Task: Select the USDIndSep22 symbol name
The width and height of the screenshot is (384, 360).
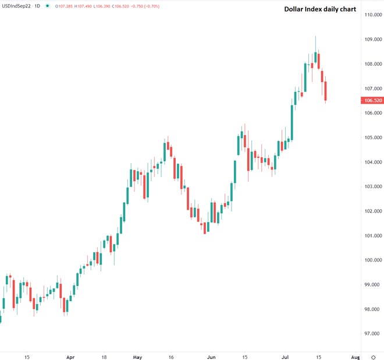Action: (x=16, y=6)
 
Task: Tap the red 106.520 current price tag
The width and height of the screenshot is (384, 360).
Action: (x=372, y=100)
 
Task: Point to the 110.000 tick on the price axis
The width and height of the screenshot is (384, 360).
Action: (x=372, y=15)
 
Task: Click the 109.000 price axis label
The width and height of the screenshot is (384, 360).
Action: (x=372, y=39)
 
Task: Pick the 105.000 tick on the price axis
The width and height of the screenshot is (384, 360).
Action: (x=372, y=137)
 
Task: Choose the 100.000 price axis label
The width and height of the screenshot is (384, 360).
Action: (x=372, y=260)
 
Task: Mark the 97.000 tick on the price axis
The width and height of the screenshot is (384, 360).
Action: (x=372, y=334)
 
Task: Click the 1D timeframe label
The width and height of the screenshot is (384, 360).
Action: (x=38, y=6)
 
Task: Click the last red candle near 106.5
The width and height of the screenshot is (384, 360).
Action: (x=326, y=91)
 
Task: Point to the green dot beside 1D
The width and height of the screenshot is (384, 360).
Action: (x=47, y=6)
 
